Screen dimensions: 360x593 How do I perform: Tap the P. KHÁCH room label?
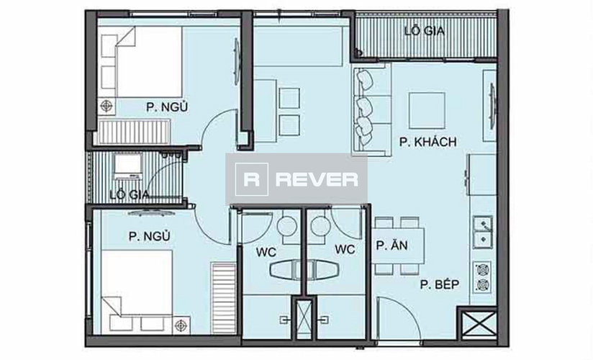click(428, 143)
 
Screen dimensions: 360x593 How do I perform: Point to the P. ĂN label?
click(392, 246)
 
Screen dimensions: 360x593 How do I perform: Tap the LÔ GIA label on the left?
click(129, 194)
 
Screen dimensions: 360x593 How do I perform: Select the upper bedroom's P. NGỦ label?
click(167, 107)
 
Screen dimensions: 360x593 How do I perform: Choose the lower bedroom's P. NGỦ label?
click(149, 235)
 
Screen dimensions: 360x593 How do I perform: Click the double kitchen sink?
click(482, 231)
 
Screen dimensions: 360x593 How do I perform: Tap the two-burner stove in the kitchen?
click(481, 279)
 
